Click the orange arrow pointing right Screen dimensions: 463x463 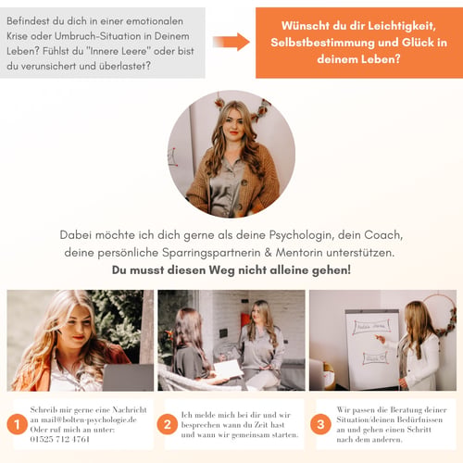click(x=231, y=42)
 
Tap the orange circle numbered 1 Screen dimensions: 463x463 click(x=17, y=424)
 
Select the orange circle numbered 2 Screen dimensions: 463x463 click(x=167, y=424)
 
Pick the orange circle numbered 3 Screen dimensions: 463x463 click(x=320, y=424)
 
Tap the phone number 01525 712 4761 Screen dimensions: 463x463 click(x=60, y=439)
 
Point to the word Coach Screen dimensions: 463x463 click(x=383, y=235)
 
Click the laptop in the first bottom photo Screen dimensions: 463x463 click(x=128, y=377)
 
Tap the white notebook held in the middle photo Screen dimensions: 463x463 click(x=229, y=369)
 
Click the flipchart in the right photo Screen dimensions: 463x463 click(x=372, y=349)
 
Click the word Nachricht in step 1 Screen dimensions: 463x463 click(x=130, y=410)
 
